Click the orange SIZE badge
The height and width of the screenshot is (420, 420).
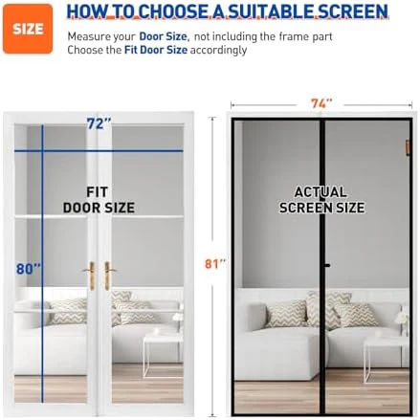tap(28, 29)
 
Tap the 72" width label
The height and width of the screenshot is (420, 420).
tap(99, 123)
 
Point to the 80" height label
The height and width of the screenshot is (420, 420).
tap(29, 269)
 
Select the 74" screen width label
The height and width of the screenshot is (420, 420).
tap(321, 103)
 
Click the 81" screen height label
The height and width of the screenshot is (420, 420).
tap(215, 264)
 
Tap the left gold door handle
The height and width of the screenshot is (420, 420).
tap(91, 276)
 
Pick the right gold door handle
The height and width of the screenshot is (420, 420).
tap(108, 276)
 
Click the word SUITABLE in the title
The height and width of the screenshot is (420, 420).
tap(271, 11)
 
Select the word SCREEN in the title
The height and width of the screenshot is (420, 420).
tap(353, 11)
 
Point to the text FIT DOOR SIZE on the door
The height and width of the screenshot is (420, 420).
tap(99, 200)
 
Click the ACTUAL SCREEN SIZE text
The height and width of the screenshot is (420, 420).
tap(321, 200)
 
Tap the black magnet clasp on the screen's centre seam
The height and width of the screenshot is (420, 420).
tap(326, 265)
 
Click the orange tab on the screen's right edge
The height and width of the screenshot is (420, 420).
tap(408, 147)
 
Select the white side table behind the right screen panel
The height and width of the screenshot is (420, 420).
tap(387, 360)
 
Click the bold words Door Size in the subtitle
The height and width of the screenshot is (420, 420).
tap(164, 36)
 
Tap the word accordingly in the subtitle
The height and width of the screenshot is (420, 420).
tap(218, 51)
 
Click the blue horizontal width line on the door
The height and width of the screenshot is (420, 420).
tap(99, 150)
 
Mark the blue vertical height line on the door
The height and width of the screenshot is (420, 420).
tap(42, 263)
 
